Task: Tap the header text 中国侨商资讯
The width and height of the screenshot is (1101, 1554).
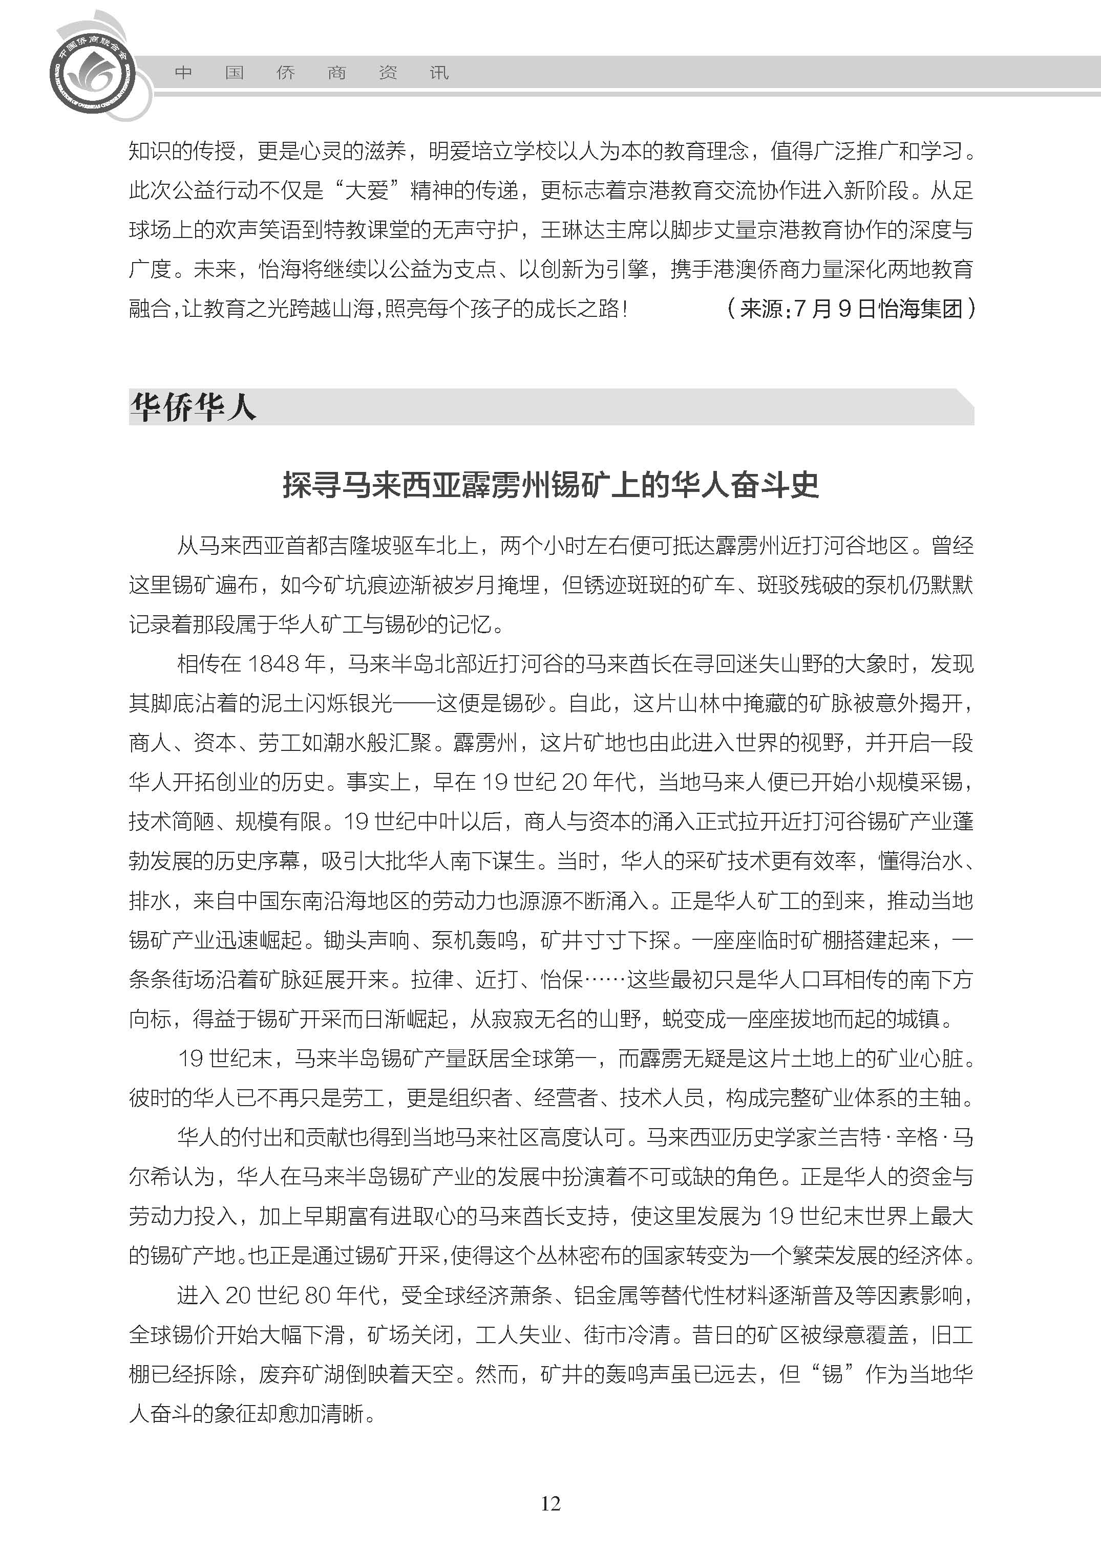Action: pos(311,73)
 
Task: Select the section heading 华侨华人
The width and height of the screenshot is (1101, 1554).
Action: pos(193,408)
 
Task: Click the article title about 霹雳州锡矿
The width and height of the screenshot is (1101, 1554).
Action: pos(550,485)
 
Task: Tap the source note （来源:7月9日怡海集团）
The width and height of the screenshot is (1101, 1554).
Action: pos(851,309)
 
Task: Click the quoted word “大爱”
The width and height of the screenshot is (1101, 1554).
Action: pos(367,190)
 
